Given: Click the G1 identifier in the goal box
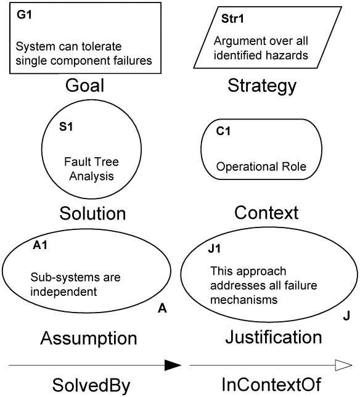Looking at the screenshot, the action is [x=24, y=15].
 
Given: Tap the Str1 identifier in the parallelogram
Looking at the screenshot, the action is [x=232, y=18].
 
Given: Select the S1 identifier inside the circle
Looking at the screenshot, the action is [x=66, y=126].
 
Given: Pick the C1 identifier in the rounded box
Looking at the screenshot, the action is [x=223, y=131].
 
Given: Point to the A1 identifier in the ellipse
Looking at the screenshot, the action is [x=40, y=245].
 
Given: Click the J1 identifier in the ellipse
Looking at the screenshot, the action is [x=214, y=248].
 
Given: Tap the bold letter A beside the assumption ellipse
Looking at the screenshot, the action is [x=162, y=308].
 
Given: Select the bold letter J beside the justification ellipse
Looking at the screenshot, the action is [x=346, y=316].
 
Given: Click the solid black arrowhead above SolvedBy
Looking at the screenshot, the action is [x=173, y=365].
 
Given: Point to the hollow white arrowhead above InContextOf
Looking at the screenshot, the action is [x=343, y=365].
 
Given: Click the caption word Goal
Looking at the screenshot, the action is [x=85, y=86].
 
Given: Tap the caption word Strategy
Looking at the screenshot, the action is [x=262, y=86].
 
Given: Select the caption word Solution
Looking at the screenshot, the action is [x=92, y=213].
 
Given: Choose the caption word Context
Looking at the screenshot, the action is [x=266, y=213].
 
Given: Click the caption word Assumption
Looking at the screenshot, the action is [x=89, y=338].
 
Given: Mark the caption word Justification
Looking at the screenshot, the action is [x=274, y=337].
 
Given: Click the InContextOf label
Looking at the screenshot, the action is [x=271, y=384].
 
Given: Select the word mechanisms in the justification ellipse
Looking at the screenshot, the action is [x=243, y=300].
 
